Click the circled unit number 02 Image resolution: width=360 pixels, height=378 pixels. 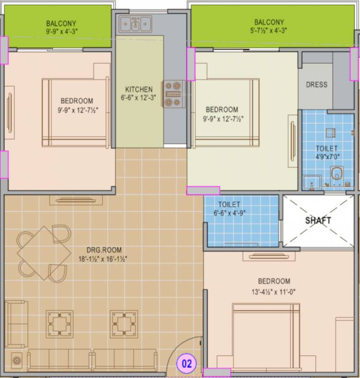click(187, 365)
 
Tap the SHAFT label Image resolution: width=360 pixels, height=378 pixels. click(318, 220)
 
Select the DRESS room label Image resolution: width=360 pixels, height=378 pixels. click(316, 85)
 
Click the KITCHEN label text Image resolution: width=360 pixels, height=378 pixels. click(139, 90)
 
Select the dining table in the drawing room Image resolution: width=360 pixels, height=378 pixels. click(44, 252)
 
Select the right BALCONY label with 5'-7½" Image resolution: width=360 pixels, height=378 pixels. click(269, 22)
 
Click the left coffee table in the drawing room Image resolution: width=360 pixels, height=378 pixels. click(60, 324)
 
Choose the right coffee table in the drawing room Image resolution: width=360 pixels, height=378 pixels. click(123, 324)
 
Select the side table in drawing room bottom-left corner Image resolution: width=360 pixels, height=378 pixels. click(17, 360)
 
